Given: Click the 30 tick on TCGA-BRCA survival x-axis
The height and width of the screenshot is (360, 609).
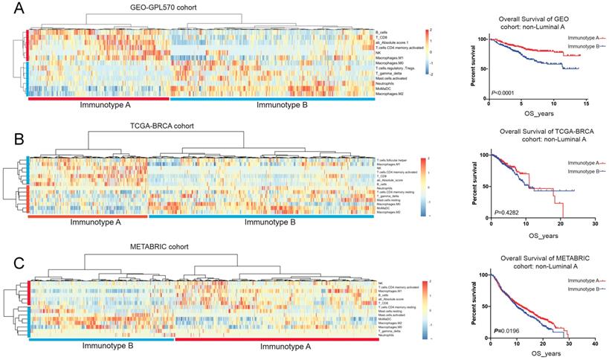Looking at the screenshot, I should pos(594,223).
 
